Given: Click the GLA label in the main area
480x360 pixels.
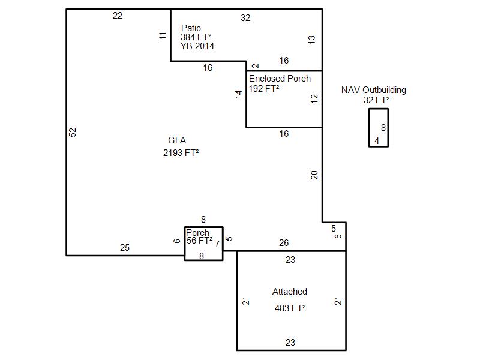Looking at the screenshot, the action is (177, 140).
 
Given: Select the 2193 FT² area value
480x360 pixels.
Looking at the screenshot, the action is (181, 152).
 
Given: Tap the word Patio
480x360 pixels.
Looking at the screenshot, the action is (191, 28).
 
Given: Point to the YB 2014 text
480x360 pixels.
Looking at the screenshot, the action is (197, 46).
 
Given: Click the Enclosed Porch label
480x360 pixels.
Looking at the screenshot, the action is (280, 79).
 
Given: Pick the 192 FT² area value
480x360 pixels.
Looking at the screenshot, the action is (264, 88).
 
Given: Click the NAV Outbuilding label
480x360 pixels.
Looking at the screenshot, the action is (374, 90).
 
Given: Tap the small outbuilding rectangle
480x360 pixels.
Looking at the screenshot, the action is (369, 128).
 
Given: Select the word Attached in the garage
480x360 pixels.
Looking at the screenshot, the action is (290, 292).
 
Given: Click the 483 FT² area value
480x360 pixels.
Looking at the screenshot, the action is (290, 308).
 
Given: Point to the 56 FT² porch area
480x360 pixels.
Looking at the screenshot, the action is (200, 241).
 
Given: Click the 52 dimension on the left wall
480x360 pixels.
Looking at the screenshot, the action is (72, 132).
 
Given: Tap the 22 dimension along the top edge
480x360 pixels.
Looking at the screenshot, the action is (118, 16).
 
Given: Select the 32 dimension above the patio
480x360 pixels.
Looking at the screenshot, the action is (245, 18).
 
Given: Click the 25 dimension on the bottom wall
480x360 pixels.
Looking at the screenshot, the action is (125, 248).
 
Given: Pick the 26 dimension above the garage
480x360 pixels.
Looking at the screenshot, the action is (284, 243).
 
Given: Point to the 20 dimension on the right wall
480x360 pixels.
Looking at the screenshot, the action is (314, 175).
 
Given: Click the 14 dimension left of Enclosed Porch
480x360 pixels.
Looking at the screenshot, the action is (238, 95).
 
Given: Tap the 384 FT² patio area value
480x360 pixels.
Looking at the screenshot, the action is (196, 37).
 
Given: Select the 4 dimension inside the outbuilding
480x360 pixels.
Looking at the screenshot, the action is (377, 141).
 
